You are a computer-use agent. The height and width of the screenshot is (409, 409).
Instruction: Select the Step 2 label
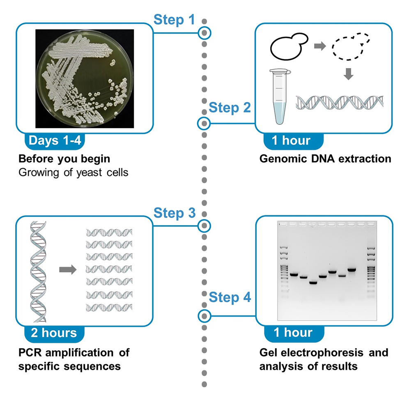[x=230, y=108]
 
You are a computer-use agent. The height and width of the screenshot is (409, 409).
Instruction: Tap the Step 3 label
[x=174, y=213]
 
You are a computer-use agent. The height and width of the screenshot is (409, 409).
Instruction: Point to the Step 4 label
[x=230, y=297]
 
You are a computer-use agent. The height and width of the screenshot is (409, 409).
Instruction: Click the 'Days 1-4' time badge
[x=55, y=141]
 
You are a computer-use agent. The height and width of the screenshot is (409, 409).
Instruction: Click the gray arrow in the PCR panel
[x=68, y=270]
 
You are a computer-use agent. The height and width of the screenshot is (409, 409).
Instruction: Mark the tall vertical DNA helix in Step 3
[x=38, y=271]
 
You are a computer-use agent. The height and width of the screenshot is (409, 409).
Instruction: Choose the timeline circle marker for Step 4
[x=204, y=316]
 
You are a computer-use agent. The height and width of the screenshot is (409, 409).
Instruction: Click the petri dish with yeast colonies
[x=84, y=78]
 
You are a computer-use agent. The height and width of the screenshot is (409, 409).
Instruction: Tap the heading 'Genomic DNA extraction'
[x=325, y=159]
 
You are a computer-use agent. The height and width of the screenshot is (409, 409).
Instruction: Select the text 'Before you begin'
[x=64, y=159]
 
